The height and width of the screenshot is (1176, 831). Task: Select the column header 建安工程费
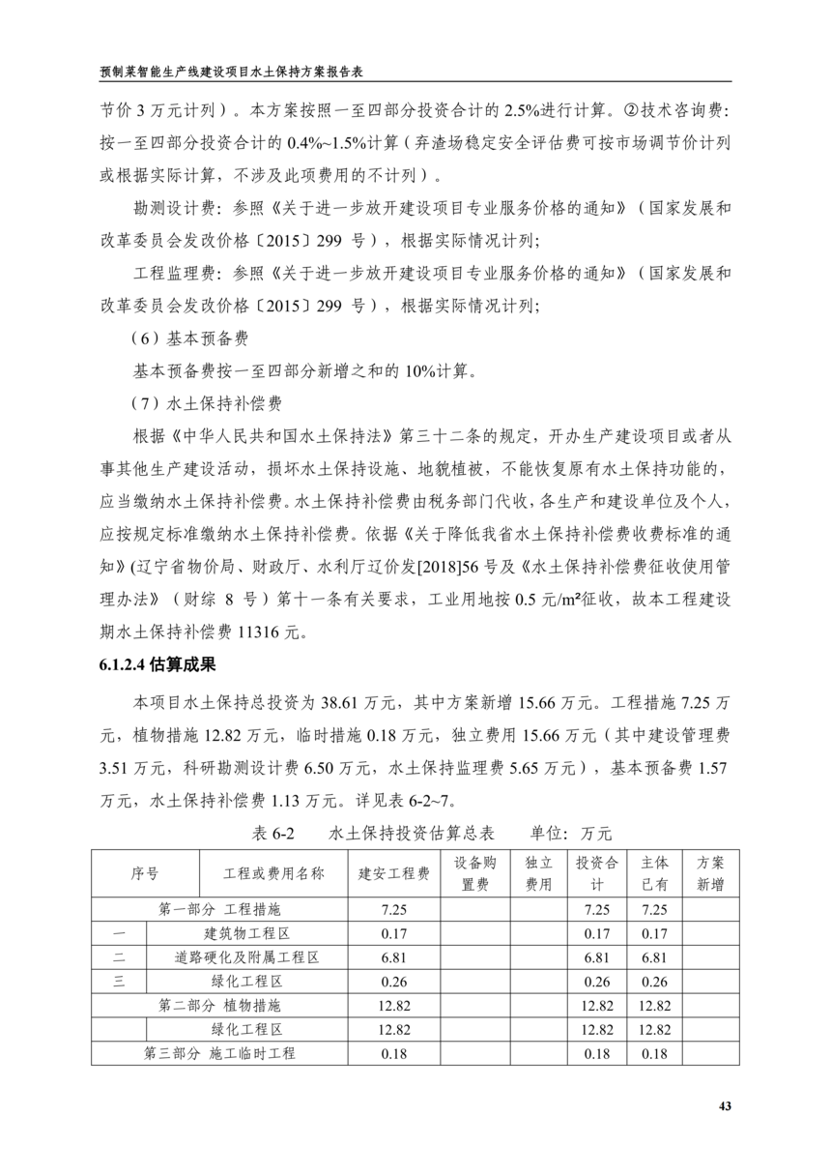(394, 873)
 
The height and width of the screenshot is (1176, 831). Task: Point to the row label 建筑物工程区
(247, 933)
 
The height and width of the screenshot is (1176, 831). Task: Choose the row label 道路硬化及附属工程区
(247, 957)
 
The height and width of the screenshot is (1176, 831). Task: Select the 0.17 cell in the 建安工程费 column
(394, 933)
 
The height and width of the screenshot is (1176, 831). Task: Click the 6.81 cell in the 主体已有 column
(654, 957)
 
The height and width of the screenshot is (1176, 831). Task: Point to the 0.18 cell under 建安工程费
(394, 1053)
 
